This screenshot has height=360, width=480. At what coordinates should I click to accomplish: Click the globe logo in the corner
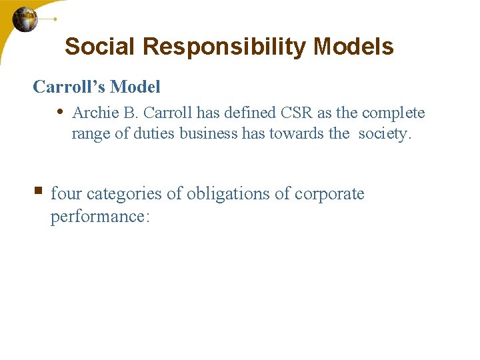(25, 19)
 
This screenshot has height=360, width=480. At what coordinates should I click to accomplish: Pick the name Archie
(93, 113)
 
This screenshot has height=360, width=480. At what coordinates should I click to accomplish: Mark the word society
(385, 134)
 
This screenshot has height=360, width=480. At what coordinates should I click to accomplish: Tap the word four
(67, 194)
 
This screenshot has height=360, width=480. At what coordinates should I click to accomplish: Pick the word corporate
(329, 195)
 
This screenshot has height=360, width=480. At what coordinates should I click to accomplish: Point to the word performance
(98, 217)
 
